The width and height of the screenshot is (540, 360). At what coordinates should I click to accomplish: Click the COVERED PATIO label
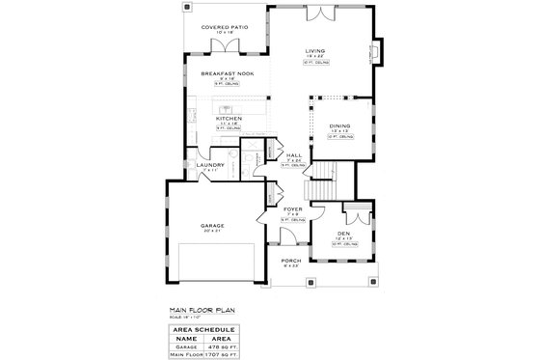(x=224, y=28)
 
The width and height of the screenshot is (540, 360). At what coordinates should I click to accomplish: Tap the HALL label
(x=293, y=154)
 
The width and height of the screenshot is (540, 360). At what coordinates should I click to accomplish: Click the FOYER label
(x=293, y=208)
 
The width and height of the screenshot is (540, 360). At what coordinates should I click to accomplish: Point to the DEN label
(x=343, y=234)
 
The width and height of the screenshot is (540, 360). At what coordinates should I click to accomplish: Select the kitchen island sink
(x=214, y=106)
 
